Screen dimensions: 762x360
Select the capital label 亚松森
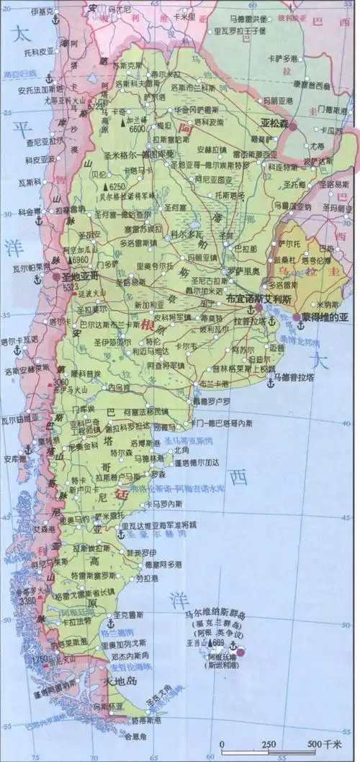pyautogui.click(x=274, y=123)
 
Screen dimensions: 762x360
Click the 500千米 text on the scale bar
pyautogui.click(x=323, y=743)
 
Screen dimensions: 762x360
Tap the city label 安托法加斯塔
pyautogui.click(x=42, y=90)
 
